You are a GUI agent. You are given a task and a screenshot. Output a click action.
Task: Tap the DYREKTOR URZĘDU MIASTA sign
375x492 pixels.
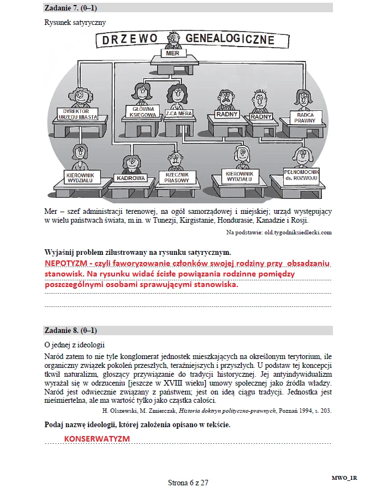tap(77, 114)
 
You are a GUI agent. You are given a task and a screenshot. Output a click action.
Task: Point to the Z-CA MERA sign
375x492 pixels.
tap(178, 113)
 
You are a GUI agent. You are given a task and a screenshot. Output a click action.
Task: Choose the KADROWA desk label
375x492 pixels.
tap(131, 178)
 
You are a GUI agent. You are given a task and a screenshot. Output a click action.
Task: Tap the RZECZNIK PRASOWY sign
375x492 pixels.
tap(177, 177)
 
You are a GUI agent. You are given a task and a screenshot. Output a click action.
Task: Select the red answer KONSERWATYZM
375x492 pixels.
tap(97, 438)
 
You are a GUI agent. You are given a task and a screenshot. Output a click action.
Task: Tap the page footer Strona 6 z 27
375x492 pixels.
tap(188, 483)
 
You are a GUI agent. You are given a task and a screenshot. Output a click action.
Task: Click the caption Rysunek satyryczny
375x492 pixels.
tap(75, 23)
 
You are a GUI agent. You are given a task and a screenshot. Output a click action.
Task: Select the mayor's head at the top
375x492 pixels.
tap(173, 38)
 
